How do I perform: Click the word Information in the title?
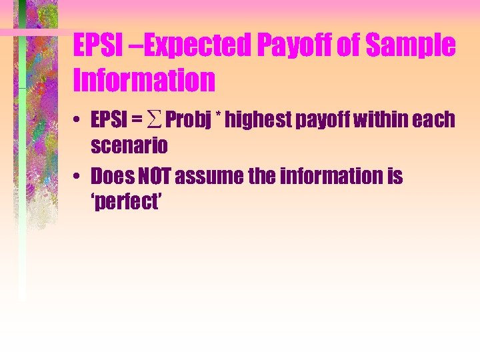145,80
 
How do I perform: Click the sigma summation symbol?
155,121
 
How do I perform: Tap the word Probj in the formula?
189,121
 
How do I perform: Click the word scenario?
129,144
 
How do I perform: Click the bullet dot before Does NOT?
78,177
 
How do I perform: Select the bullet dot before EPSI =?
78,121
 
